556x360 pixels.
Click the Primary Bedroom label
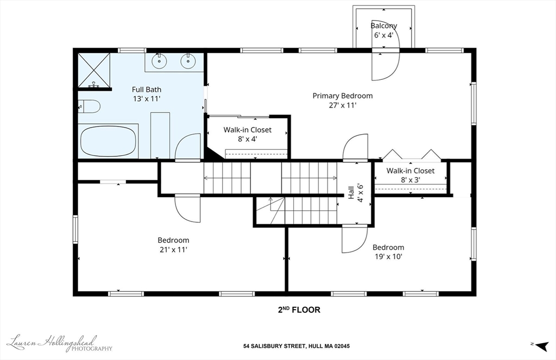pos(343,96)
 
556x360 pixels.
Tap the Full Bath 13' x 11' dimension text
pos(147,99)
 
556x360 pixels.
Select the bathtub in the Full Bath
pos(108,141)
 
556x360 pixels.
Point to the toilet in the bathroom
pos(89,106)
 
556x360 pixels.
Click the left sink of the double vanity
pos(159,61)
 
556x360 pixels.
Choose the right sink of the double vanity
pos(188,61)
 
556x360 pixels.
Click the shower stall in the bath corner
pos(94,70)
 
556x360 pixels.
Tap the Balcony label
pos(384,26)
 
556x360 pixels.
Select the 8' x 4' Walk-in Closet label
pos(248,135)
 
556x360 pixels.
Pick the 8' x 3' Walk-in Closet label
pos(410,175)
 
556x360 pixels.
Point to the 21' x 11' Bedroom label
pos(173,245)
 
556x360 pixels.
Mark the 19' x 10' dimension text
pos(389,256)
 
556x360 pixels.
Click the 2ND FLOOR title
pos(299,310)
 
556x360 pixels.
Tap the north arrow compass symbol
pos(540,345)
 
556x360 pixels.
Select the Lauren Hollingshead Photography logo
pos(60,343)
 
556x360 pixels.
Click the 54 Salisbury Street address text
pos(296,346)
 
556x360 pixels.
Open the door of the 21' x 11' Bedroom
pos(187,209)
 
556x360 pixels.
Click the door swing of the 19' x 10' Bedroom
pos(355,239)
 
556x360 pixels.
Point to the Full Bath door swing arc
pos(188,147)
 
